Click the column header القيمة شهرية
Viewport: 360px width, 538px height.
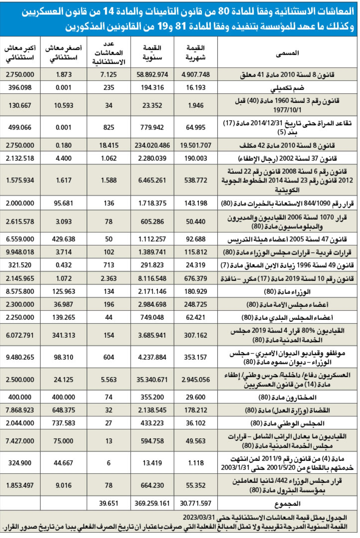pos(196,52)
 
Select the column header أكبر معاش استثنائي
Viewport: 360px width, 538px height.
pos(20,52)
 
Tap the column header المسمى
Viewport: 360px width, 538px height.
pos(287,53)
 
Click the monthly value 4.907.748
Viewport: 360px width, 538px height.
pos(196,74)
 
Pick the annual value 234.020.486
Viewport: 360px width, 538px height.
pos(152,145)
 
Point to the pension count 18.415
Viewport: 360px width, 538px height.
pos(109,145)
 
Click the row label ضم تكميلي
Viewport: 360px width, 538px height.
pos(287,88)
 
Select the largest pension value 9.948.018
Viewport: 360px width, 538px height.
pos(20,252)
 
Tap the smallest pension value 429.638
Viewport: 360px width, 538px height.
pos(64,239)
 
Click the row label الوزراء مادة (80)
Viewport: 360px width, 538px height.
pos(287,292)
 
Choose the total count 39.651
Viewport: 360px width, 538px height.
pos(109,503)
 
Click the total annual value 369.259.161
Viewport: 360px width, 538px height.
pos(152,503)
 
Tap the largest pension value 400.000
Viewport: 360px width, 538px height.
pos(20,397)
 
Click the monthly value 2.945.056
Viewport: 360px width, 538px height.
pos(196,379)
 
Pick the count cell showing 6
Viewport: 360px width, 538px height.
pos(109,463)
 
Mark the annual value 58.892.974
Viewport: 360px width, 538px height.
pos(152,74)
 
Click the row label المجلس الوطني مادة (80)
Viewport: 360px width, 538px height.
pos(287,423)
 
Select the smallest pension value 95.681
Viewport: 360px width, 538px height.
pos(64,203)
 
